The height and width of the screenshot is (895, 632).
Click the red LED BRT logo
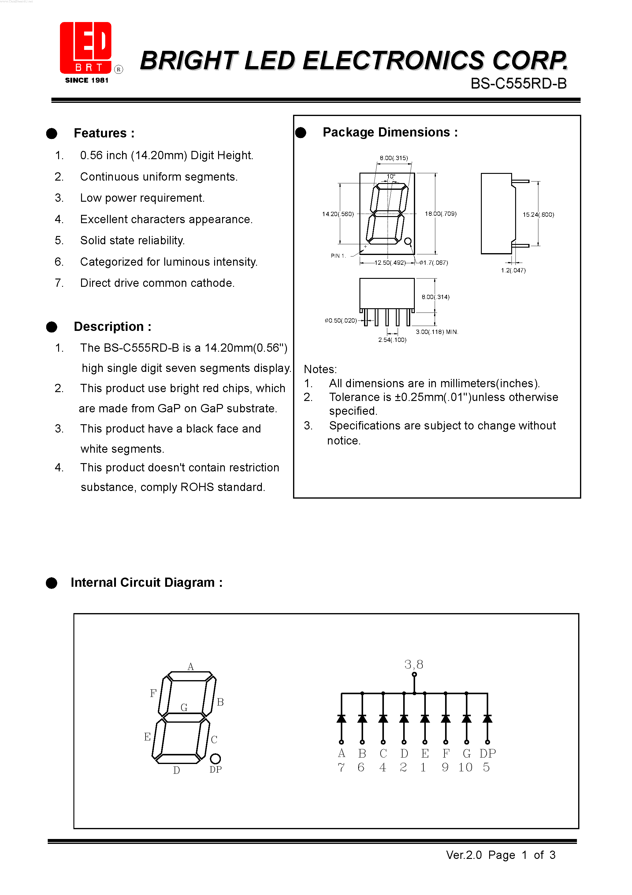pos(86,47)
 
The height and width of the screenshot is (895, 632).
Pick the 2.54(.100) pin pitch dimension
pos(392,340)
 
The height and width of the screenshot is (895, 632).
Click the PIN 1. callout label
pos(338,256)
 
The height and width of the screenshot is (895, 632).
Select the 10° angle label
pos(391,177)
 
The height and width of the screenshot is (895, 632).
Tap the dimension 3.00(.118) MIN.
pos(437,332)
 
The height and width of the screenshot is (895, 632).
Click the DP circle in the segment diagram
pos(215,758)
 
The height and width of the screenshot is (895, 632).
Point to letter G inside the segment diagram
pos(184,707)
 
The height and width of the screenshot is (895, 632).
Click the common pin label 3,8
pos(414,664)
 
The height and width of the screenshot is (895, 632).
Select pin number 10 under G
pos(465,767)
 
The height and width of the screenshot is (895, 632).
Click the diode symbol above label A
pos(341,718)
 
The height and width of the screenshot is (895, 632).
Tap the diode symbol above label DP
pos(487,718)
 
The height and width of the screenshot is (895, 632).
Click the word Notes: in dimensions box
pos(320,369)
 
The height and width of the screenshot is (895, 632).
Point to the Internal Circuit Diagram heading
pos(147,582)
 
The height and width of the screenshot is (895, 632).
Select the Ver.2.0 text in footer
pos(464,855)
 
